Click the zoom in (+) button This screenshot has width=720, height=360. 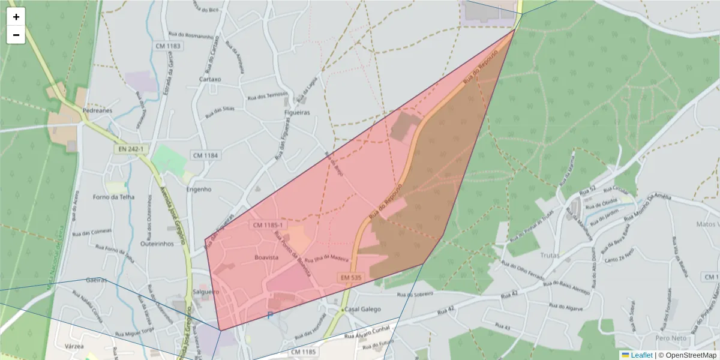(x=16, y=17)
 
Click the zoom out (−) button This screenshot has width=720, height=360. (x=16, y=35)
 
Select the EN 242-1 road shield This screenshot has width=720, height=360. (x=131, y=148)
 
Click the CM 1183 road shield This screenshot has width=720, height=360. (x=167, y=46)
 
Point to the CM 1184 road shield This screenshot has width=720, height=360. (x=206, y=155)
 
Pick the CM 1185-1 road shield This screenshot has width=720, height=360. (x=268, y=225)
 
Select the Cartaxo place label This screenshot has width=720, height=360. (x=210, y=79)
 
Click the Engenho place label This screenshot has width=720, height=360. (x=199, y=189)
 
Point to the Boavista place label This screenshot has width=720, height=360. (x=267, y=257)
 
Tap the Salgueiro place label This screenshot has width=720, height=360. (x=206, y=291)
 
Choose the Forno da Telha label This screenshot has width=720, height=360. (x=114, y=197)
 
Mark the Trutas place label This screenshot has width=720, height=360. (x=549, y=255)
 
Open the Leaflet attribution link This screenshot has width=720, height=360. (x=641, y=355)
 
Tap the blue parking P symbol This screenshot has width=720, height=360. (x=271, y=315)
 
